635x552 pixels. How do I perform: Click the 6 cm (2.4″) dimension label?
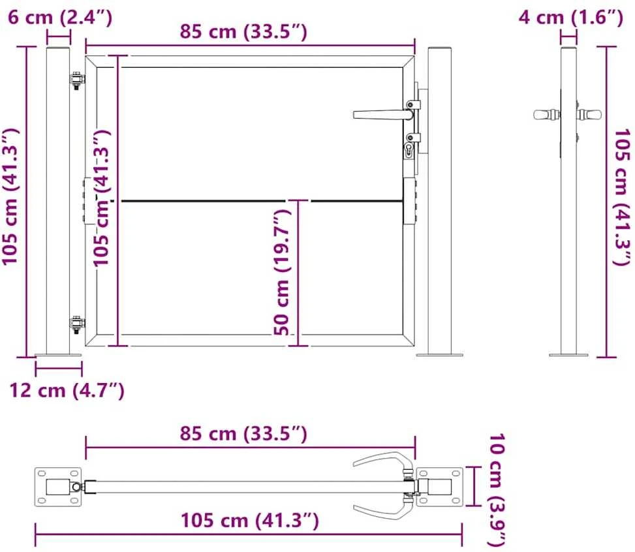tap(59, 18)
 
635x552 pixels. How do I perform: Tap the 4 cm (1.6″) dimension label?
tap(570, 18)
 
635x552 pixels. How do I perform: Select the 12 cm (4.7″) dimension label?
tap(67, 390)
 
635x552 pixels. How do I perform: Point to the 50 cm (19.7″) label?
tap(283, 272)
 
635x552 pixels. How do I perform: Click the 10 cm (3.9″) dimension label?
tap(497, 490)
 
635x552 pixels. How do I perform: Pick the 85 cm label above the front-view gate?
tap(243, 31)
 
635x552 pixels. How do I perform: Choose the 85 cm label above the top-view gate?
tap(243, 434)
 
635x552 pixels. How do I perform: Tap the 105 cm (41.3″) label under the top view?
tap(250, 521)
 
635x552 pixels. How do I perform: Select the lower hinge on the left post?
tap(76, 325)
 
